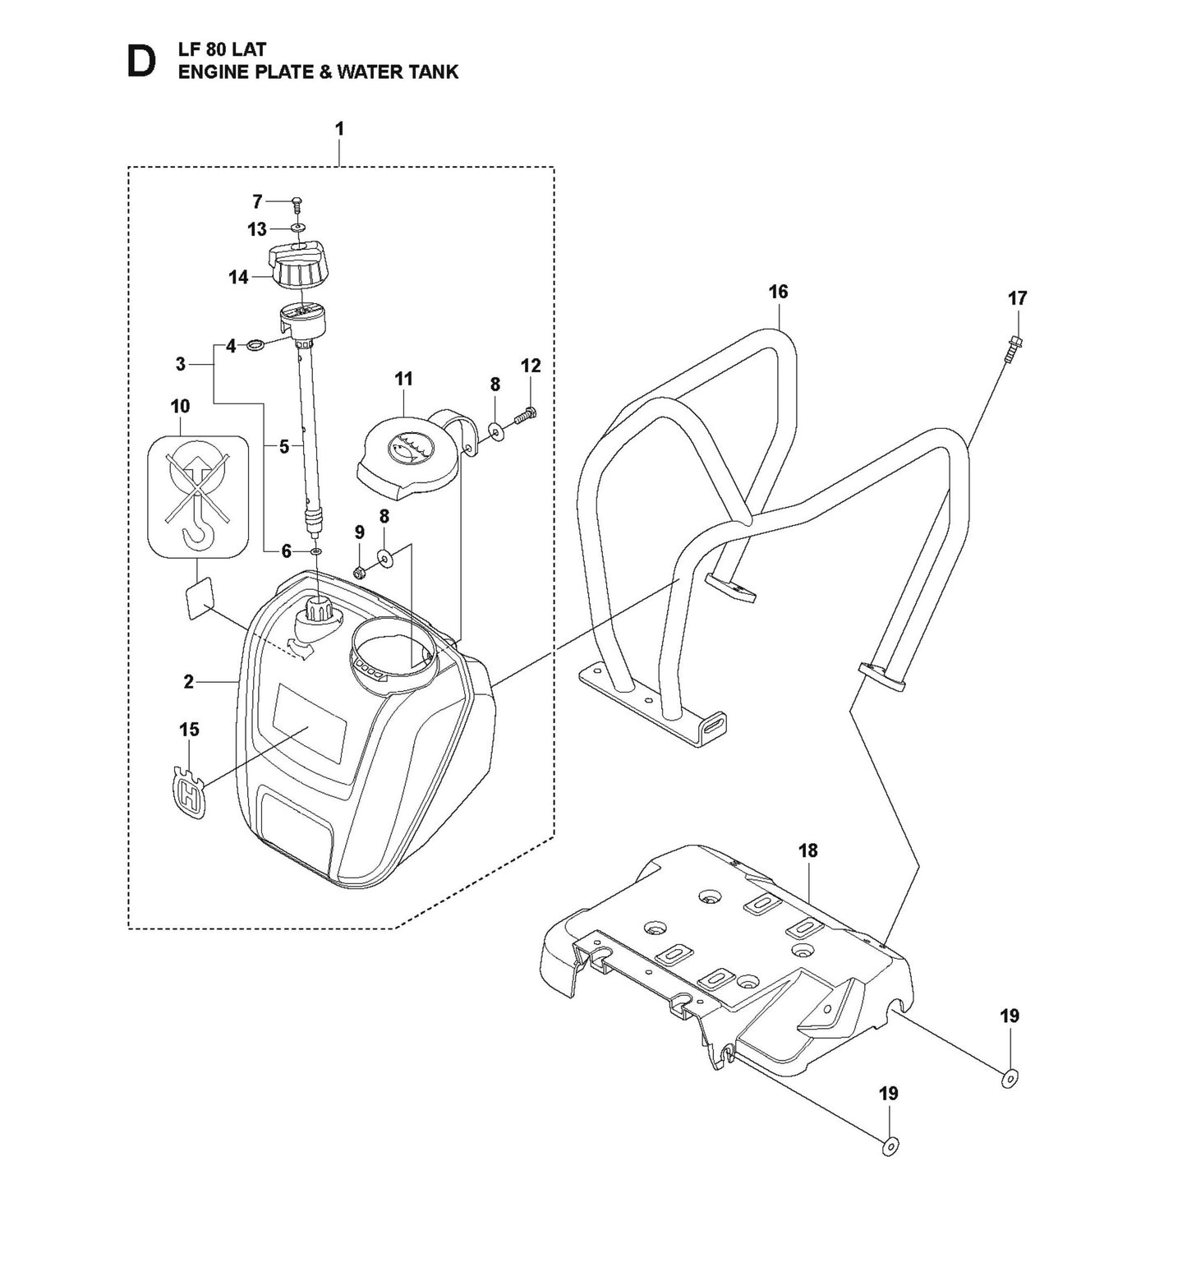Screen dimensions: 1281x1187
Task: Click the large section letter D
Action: point(140,62)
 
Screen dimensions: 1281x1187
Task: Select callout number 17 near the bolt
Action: point(1017,298)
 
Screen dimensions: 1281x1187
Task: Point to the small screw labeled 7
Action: point(297,202)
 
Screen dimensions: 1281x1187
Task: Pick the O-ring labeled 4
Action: point(255,346)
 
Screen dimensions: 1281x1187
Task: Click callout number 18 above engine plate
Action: point(808,850)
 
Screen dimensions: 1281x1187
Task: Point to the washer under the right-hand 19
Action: point(1010,1079)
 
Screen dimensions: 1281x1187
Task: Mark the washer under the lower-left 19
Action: point(889,1147)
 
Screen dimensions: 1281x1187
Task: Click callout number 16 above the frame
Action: point(778,292)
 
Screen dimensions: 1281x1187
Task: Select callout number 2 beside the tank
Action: point(189,681)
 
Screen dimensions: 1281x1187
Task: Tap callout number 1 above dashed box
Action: point(339,129)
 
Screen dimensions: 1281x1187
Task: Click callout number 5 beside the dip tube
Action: point(284,447)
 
